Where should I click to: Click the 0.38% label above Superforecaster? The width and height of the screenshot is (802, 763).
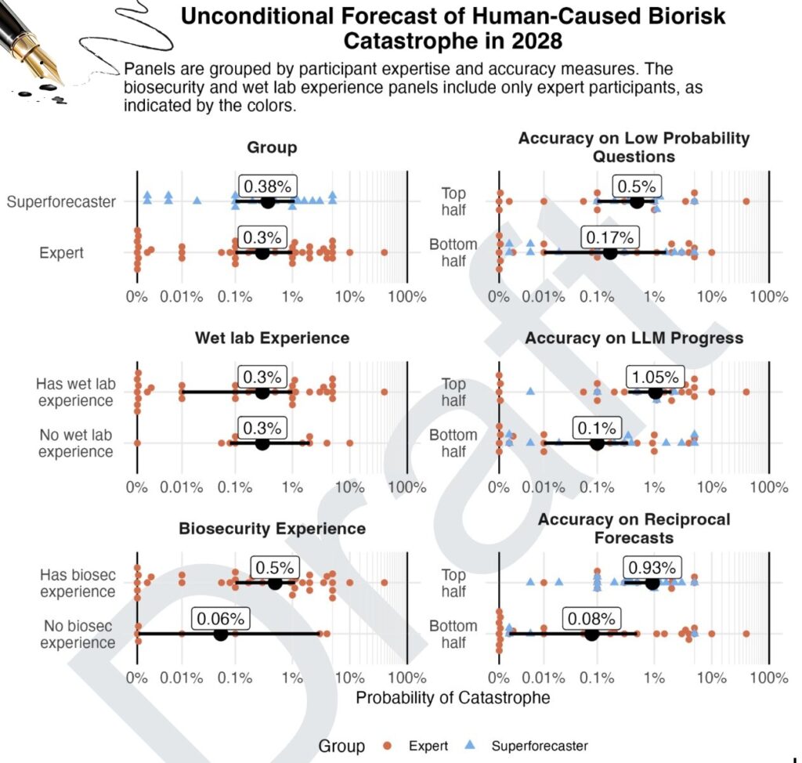[x=267, y=186]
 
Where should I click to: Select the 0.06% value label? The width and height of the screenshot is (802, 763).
[x=220, y=618]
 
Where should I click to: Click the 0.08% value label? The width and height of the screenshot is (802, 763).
[x=592, y=618]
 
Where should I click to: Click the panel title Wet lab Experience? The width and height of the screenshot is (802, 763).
[x=272, y=338]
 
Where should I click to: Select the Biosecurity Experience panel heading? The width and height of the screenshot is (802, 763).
[x=272, y=529]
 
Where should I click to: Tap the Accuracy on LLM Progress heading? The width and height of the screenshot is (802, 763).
[x=634, y=338]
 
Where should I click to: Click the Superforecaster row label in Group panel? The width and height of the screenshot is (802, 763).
[x=61, y=202]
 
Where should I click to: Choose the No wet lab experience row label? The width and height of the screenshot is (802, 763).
[x=75, y=443]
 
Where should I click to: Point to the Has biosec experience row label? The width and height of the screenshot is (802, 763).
[x=78, y=583]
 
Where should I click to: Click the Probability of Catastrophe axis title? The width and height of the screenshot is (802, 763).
[x=453, y=697]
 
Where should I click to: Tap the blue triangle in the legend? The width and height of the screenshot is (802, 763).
[x=479, y=746]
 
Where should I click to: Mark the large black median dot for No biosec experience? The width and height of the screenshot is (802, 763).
[x=220, y=634]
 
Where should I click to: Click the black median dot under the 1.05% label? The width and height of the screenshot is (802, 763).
[x=656, y=392]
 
